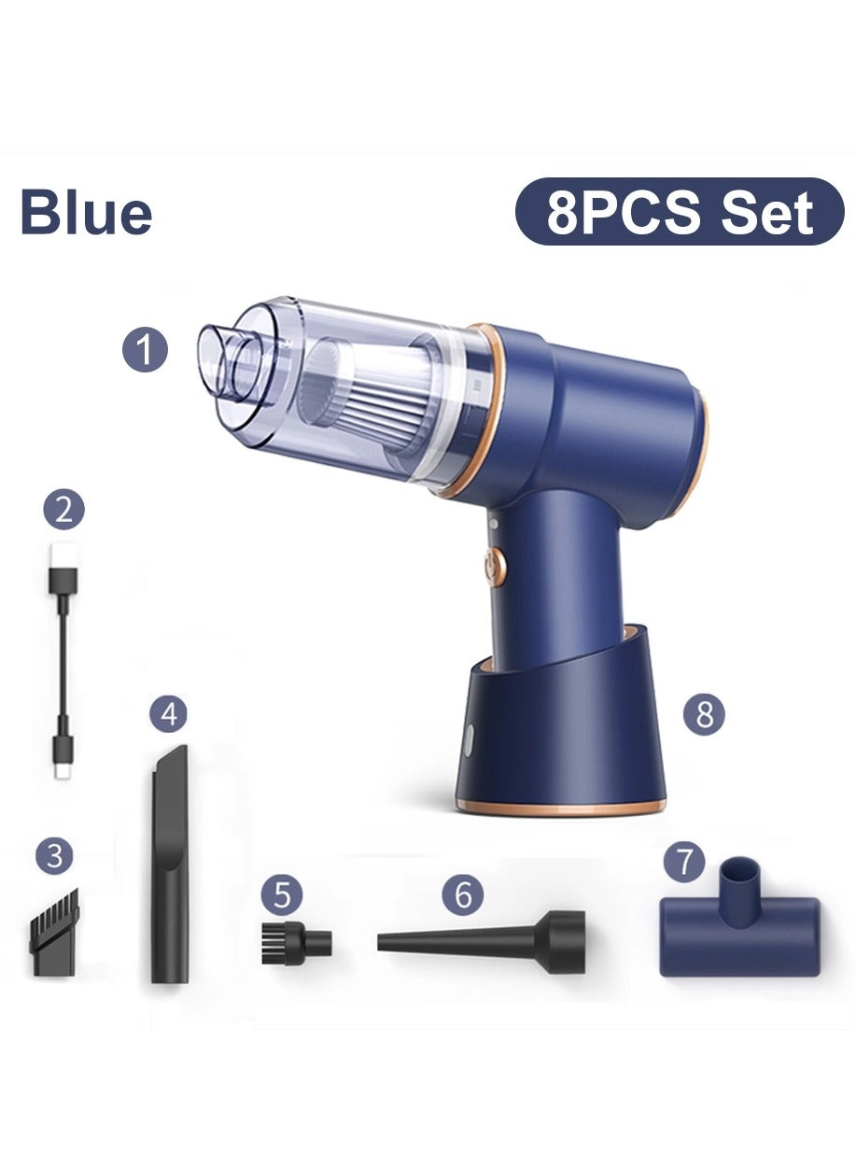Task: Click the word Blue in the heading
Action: tap(86, 213)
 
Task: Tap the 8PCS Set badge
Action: tap(680, 212)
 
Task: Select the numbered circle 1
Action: tap(146, 351)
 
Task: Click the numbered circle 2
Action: tap(63, 510)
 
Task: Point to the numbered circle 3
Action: tap(55, 855)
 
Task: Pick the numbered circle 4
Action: tap(168, 715)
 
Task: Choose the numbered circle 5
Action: tap(282, 895)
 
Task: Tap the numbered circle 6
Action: tap(463, 895)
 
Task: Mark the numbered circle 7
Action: tap(685, 860)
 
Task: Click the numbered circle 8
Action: tap(704, 714)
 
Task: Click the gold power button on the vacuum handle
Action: tap(495, 566)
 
